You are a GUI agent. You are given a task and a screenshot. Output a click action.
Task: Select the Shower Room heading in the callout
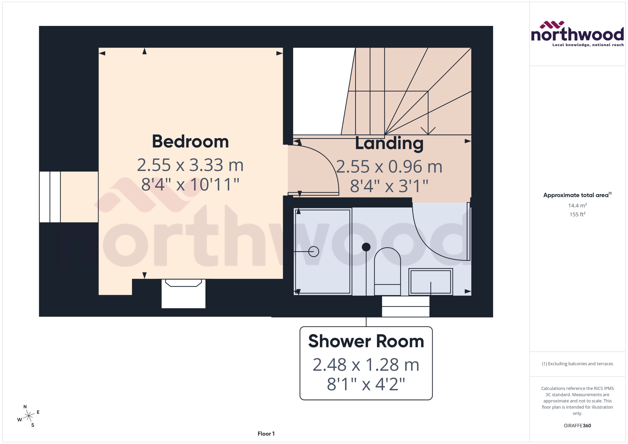[366, 341]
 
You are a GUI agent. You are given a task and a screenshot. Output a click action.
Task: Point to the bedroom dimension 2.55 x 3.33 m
[190, 165]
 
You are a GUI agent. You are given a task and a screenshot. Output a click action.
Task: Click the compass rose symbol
[29, 416]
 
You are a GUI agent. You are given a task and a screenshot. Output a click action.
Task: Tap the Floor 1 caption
[266, 434]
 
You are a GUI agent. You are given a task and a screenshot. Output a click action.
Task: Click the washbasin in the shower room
[430, 282]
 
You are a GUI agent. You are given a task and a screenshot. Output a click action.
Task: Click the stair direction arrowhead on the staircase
[428, 131]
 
